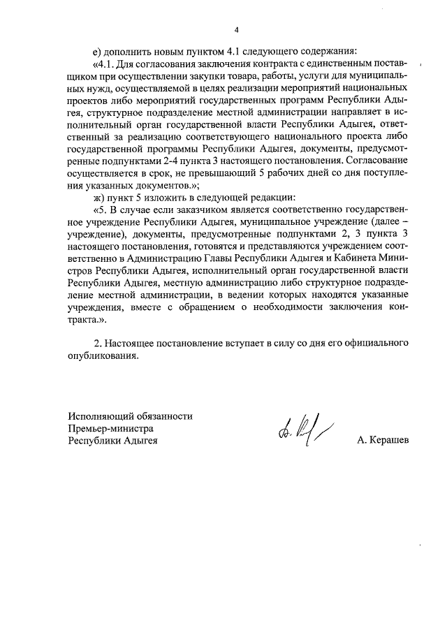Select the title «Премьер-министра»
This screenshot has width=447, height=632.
point(110,428)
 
